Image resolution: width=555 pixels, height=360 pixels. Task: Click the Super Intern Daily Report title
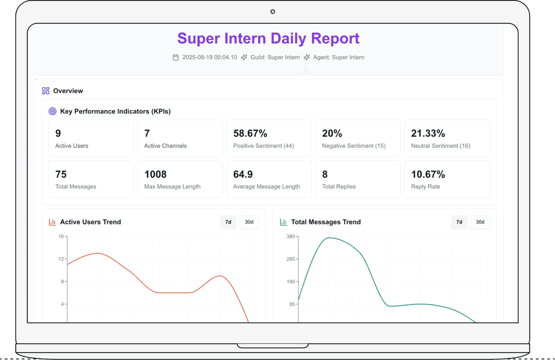click(x=268, y=39)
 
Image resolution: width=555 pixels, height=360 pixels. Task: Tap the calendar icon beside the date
click(x=176, y=58)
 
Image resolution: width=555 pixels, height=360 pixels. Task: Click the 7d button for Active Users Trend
click(x=228, y=222)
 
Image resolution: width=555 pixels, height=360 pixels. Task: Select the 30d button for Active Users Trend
click(x=249, y=222)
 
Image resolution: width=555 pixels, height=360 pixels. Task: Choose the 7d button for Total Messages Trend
click(x=459, y=222)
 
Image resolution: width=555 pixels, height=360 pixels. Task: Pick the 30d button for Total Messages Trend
click(x=480, y=222)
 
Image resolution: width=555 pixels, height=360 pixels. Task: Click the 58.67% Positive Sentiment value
click(x=250, y=134)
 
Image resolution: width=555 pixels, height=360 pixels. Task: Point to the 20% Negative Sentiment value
click(x=332, y=134)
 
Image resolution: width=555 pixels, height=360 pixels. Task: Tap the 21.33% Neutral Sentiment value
click(x=428, y=134)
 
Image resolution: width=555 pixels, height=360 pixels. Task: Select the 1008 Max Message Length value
click(x=156, y=175)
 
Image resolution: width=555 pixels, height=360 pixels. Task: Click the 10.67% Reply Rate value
click(x=428, y=175)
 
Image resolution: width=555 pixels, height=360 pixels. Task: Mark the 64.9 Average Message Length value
click(x=243, y=175)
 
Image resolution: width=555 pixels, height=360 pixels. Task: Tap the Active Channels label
click(x=165, y=146)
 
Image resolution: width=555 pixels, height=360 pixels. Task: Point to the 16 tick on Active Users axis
click(x=61, y=237)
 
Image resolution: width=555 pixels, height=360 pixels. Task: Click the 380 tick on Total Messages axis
click(x=290, y=237)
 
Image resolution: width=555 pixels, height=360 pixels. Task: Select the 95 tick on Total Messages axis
click(x=292, y=304)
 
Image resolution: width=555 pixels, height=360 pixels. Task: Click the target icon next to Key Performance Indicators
click(x=52, y=111)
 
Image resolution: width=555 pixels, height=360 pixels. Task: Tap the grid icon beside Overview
click(x=46, y=91)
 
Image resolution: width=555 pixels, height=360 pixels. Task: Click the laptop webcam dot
click(x=272, y=11)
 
